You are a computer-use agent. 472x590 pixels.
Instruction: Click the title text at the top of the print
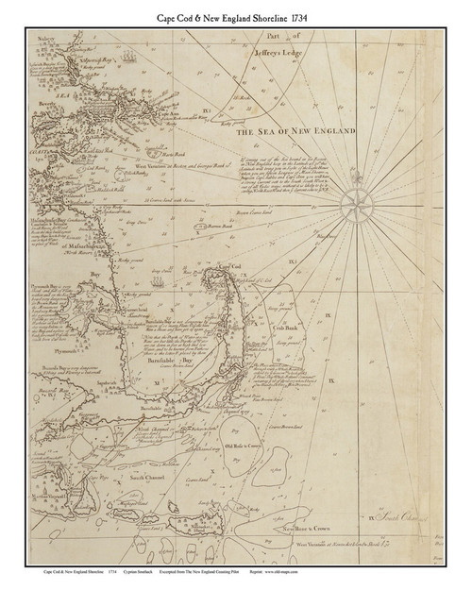coord(235,16)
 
